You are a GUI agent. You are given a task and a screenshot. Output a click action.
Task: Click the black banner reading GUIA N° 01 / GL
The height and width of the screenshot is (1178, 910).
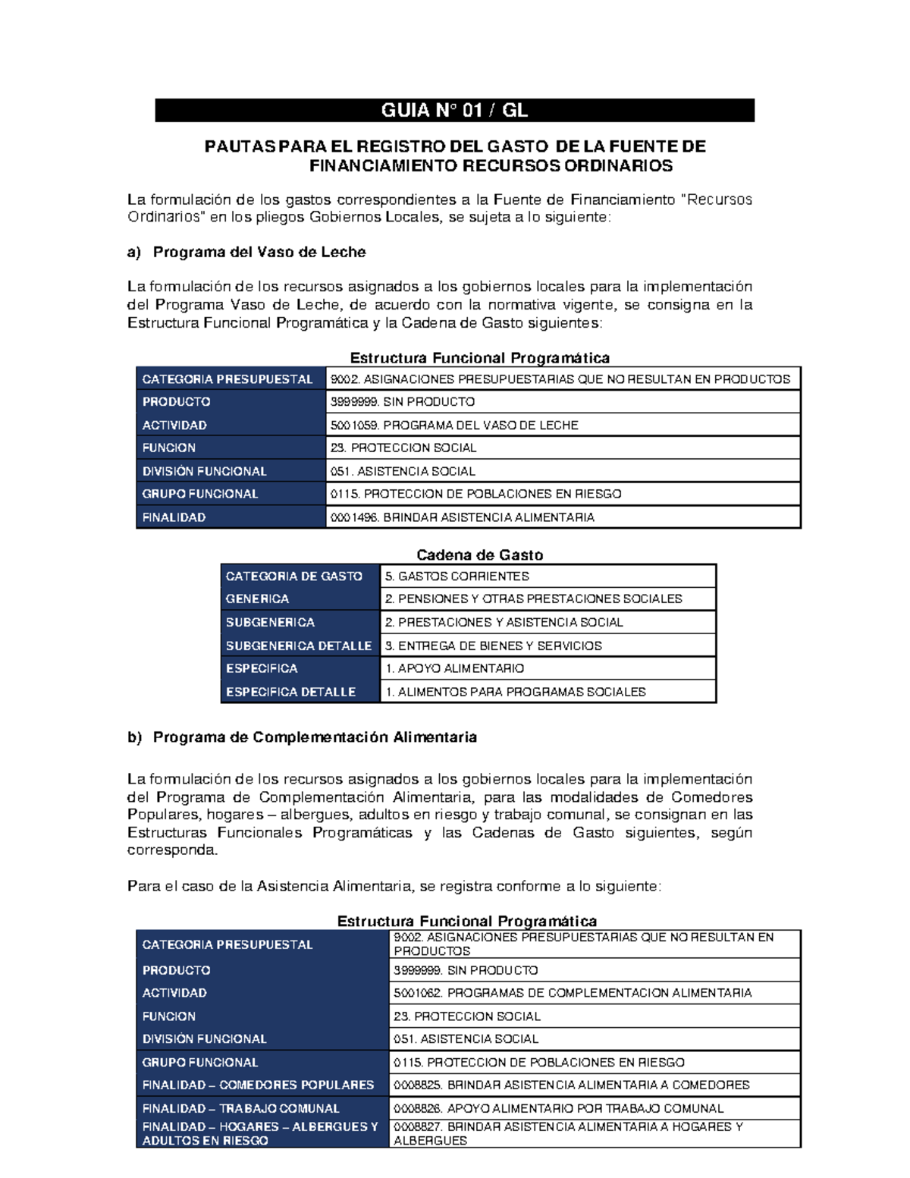pyautogui.click(x=454, y=111)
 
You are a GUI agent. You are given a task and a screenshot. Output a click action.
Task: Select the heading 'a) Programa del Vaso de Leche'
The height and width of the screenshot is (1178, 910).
pyautogui.click(x=246, y=252)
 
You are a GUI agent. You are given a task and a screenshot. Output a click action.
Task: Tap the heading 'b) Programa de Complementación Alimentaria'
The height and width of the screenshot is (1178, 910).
pyautogui.click(x=302, y=737)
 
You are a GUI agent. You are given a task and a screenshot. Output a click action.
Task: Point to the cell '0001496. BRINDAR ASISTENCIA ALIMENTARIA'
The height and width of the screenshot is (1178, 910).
pyautogui.click(x=462, y=517)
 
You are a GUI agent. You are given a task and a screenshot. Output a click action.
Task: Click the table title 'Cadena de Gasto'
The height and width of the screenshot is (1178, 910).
pyautogui.click(x=479, y=554)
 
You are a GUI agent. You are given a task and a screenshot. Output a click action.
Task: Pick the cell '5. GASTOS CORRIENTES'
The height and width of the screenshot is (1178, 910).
pyautogui.click(x=457, y=576)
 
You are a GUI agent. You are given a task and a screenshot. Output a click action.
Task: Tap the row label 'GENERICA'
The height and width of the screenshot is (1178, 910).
pyautogui.click(x=257, y=599)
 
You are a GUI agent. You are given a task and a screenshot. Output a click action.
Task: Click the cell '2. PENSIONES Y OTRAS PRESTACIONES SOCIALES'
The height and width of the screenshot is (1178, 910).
pyautogui.click(x=533, y=599)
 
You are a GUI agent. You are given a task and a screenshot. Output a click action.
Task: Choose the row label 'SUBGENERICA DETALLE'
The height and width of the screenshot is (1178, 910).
pyautogui.click(x=298, y=646)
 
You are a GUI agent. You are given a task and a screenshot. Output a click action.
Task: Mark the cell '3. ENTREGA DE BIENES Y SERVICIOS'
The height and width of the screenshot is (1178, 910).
pyautogui.click(x=493, y=646)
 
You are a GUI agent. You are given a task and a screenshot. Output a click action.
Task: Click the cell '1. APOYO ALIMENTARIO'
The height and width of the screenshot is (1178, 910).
pyautogui.click(x=454, y=668)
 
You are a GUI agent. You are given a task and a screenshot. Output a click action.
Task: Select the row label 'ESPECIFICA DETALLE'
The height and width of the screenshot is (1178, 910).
pyautogui.click(x=290, y=692)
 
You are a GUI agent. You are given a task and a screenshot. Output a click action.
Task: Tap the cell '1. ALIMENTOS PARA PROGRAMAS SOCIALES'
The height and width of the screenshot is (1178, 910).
pyautogui.click(x=516, y=692)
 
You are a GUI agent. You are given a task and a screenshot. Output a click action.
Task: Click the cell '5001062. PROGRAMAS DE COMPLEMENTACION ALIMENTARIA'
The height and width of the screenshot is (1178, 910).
pyautogui.click(x=573, y=993)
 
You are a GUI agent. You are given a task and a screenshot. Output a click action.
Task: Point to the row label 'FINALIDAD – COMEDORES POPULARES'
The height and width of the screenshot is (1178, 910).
pyautogui.click(x=258, y=1085)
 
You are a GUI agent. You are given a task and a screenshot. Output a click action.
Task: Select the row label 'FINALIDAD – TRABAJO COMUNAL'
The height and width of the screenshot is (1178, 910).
pyautogui.click(x=240, y=1108)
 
